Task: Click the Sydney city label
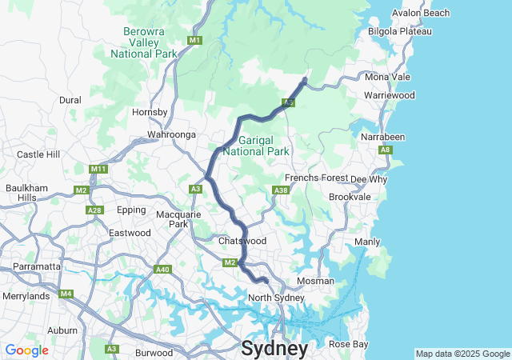pos(274,349)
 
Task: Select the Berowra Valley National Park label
pos(144,43)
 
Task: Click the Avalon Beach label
pos(421,14)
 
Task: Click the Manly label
pos(367,242)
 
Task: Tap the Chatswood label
pos(242,241)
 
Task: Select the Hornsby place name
pos(150,113)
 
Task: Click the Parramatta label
pos(36,266)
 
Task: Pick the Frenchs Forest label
pos(313,178)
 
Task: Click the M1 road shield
pos(194,40)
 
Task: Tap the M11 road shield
pos(99,169)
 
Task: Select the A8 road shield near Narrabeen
pos(386,150)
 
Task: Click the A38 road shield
pos(280,190)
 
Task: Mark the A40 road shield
pos(163,270)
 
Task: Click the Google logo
pos(27,350)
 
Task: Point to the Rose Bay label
pos(349,344)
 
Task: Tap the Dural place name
pos(70,100)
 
